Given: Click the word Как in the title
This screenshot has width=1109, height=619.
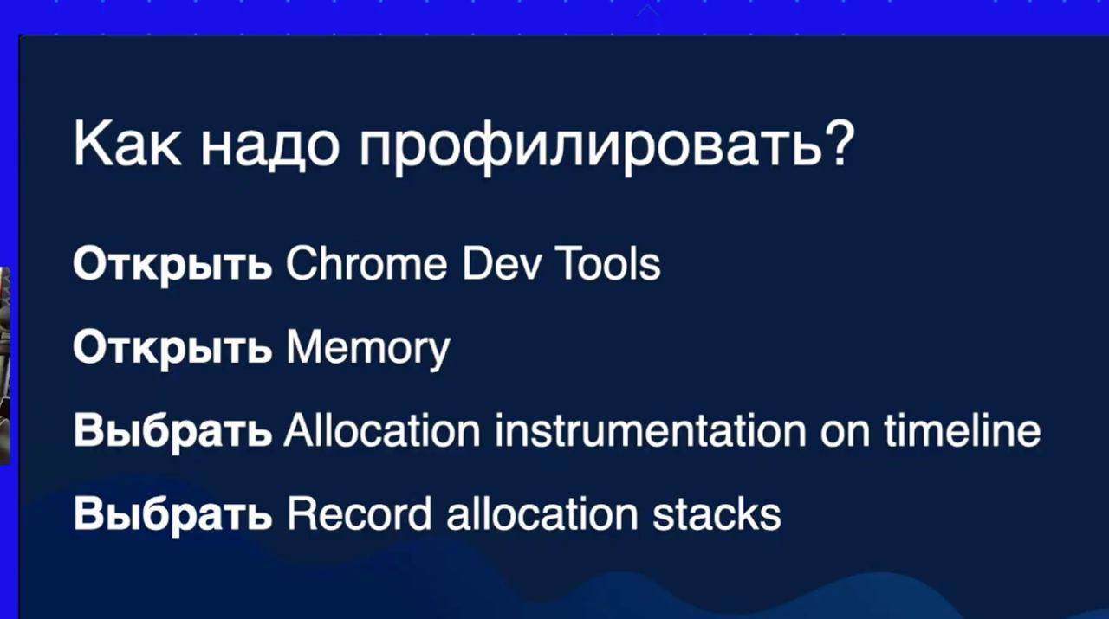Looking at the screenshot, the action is pyautogui.click(x=127, y=144).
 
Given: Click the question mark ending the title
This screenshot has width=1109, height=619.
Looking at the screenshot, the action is pyautogui.click(x=838, y=143).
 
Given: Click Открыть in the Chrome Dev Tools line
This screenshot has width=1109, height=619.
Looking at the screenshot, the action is pyautogui.click(x=172, y=265).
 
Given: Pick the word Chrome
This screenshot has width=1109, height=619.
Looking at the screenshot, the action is pyautogui.click(x=366, y=264).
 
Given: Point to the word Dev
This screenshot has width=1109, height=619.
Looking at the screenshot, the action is pyautogui.click(x=500, y=264).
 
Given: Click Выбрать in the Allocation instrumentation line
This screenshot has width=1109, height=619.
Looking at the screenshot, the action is pyautogui.click(x=172, y=433).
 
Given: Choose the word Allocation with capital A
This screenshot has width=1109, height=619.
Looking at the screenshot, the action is pyautogui.click(x=382, y=430).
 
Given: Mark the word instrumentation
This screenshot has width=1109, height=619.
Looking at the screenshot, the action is pyautogui.click(x=650, y=430).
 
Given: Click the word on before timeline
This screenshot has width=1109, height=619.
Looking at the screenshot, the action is pyautogui.click(x=845, y=435).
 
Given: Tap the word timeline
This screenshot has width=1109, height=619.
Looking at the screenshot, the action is pyautogui.click(x=963, y=430).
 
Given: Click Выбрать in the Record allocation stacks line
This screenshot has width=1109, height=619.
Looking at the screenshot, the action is pyautogui.click(x=172, y=516).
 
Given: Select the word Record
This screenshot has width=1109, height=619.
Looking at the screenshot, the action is pyautogui.click(x=360, y=513).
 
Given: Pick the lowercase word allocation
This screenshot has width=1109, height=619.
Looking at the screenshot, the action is pyautogui.click(x=542, y=513).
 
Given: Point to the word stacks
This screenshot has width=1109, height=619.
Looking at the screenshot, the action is pyautogui.click(x=717, y=514).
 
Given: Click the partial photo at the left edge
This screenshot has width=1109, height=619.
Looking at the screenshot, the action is pyautogui.click(x=5, y=365).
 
